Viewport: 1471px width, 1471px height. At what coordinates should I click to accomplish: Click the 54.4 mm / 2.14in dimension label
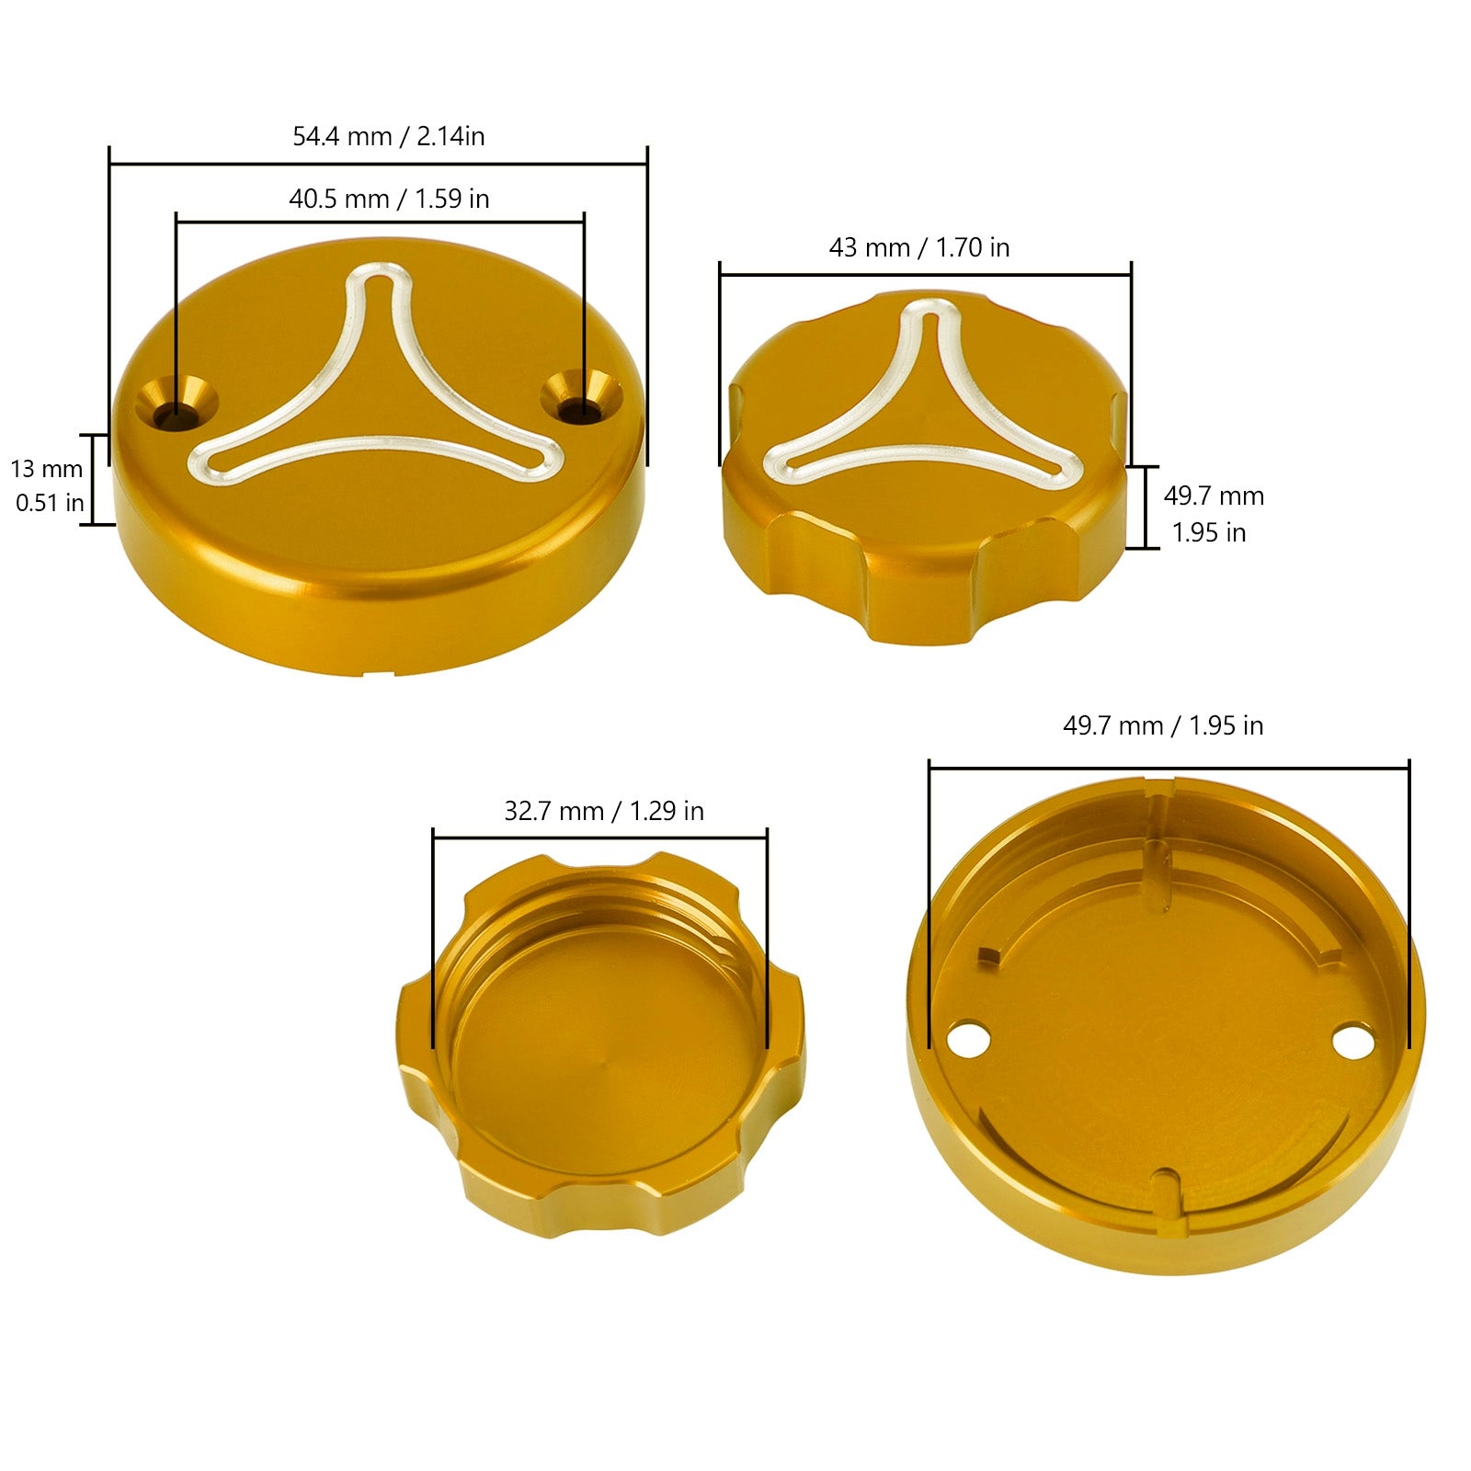coord(388,137)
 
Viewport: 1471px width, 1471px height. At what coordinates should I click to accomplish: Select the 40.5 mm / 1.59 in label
coord(389,200)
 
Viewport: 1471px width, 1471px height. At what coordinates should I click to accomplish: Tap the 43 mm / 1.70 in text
coord(919,248)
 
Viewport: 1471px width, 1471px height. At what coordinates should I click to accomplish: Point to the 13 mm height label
coord(47,470)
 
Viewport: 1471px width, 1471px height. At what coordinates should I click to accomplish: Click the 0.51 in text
coord(50,504)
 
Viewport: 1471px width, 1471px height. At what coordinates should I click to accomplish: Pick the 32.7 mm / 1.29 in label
coord(604,812)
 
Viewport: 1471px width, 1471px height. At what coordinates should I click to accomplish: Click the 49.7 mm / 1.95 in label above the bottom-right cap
coord(1163,726)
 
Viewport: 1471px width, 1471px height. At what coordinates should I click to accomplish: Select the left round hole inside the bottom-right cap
coord(969,1041)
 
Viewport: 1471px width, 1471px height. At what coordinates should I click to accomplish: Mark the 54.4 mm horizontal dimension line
coord(378,165)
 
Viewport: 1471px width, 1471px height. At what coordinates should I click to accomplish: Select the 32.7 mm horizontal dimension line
coord(599,838)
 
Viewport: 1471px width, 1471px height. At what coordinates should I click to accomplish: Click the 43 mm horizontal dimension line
coord(925,274)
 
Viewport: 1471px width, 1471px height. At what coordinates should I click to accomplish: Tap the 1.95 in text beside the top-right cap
coord(1209,533)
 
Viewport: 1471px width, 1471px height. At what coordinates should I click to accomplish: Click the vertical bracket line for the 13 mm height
coord(93,479)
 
